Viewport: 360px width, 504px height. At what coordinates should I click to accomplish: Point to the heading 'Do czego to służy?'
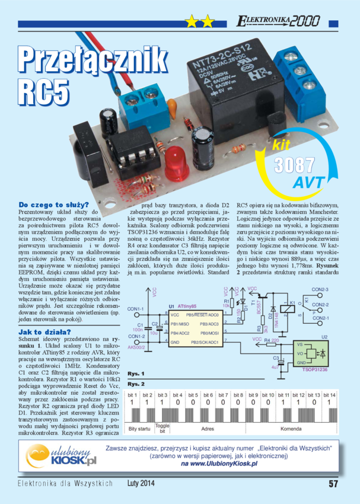point(53,204)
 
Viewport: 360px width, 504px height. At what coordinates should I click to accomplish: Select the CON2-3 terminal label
point(320,289)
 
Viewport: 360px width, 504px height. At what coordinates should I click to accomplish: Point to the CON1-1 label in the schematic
point(136,309)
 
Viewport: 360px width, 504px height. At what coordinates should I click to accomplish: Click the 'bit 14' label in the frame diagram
point(329,394)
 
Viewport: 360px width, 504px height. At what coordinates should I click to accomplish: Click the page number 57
point(333,483)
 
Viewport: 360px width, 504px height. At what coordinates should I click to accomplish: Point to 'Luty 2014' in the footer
point(141,483)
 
